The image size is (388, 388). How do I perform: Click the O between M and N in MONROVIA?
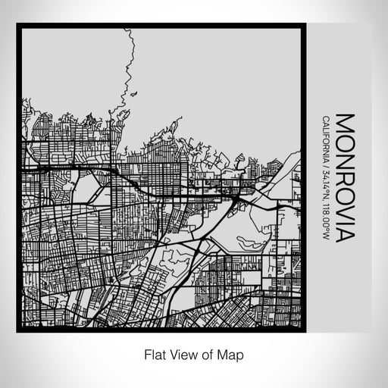(x=345, y=139)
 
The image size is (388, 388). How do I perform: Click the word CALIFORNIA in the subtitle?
(x=326, y=139)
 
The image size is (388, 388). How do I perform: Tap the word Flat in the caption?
(x=150, y=354)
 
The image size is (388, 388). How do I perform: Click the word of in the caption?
(x=204, y=354)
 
